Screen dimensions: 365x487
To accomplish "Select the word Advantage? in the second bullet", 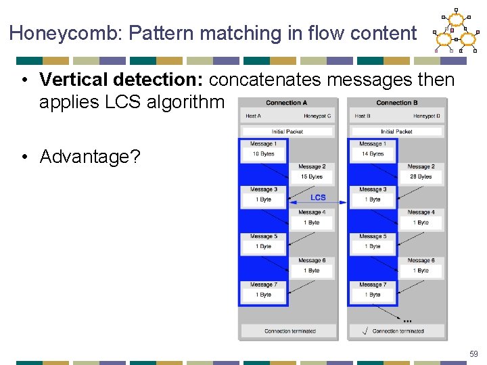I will pos(90,157).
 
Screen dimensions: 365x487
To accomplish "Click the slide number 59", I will pos(473,354).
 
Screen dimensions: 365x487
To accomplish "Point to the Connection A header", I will pos(287,103).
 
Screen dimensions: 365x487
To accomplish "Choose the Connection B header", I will pos(396,103).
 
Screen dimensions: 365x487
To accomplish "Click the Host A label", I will pos(254,116).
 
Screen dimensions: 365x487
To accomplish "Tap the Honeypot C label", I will pos(317,116).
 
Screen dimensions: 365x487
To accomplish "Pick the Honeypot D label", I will pos(426,116).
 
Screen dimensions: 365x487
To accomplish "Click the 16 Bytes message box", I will pos(264,154).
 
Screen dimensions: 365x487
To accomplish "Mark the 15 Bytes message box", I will pos(312,177).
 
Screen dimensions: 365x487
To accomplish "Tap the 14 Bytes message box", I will pos(373,154).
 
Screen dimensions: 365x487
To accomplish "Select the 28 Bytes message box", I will pos(421,177).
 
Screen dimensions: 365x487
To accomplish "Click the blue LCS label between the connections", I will pos(318,197).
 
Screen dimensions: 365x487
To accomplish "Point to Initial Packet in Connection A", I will pos(287,132).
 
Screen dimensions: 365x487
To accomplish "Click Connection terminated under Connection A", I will pos(290,331).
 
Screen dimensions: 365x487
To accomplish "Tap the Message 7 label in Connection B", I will pos(373,285).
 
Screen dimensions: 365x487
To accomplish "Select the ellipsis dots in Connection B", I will pos(407,320).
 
